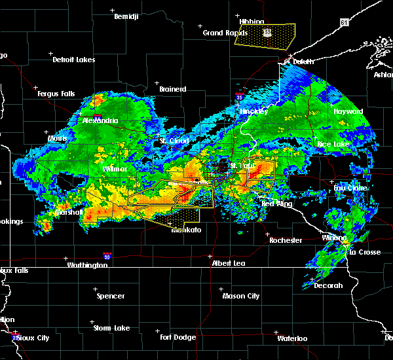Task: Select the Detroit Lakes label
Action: click(73, 60)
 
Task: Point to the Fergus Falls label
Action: click(56, 94)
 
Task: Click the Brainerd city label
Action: click(173, 89)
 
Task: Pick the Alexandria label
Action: click(100, 120)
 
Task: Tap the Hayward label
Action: click(348, 112)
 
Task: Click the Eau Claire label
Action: click(350, 188)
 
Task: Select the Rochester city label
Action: click(286, 240)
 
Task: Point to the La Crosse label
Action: click(361, 252)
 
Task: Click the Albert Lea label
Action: click(229, 263)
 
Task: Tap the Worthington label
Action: click(86, 265)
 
